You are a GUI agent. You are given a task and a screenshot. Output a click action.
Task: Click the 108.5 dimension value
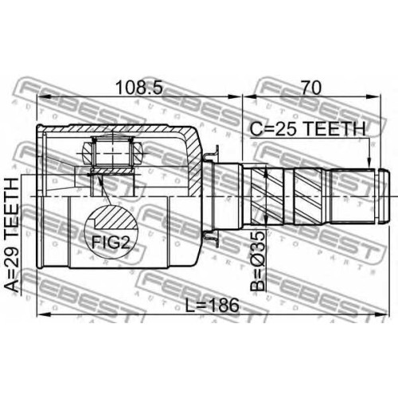pyautogui.click(x=139, y=88)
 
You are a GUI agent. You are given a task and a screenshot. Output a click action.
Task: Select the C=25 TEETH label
pyautogui.click(x=308, y=128)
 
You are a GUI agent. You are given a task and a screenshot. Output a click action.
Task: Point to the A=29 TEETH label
pyautogui.click(x=13, y=235)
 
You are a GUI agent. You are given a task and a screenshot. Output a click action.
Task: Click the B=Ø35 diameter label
pyautogui.click(x=258, y=261)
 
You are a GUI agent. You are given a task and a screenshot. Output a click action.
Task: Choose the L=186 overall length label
pyautogui.click(x=212, y=305)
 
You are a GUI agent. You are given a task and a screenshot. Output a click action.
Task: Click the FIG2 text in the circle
pyautogui.click(x=111, y=242)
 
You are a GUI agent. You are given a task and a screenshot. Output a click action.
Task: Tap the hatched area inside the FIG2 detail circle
pyautogui.click(x=114, y=218)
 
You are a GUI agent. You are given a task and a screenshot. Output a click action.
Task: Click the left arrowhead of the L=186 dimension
pyautogui.click(x=45, y=314)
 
